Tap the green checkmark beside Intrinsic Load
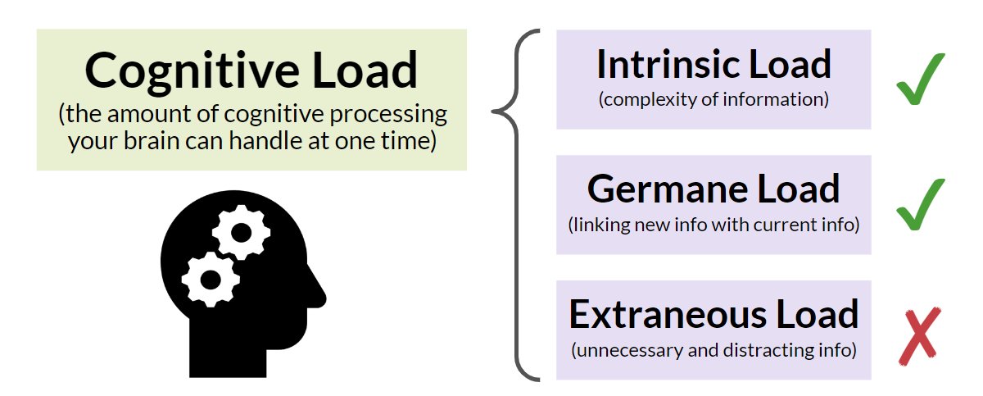point(919,80)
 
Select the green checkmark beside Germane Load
point(919,205)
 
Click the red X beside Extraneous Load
point(918,335)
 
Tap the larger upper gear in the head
point(241,232)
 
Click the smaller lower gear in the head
point(210,279)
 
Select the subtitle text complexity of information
point(713,101)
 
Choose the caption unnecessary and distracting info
point(713,351)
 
